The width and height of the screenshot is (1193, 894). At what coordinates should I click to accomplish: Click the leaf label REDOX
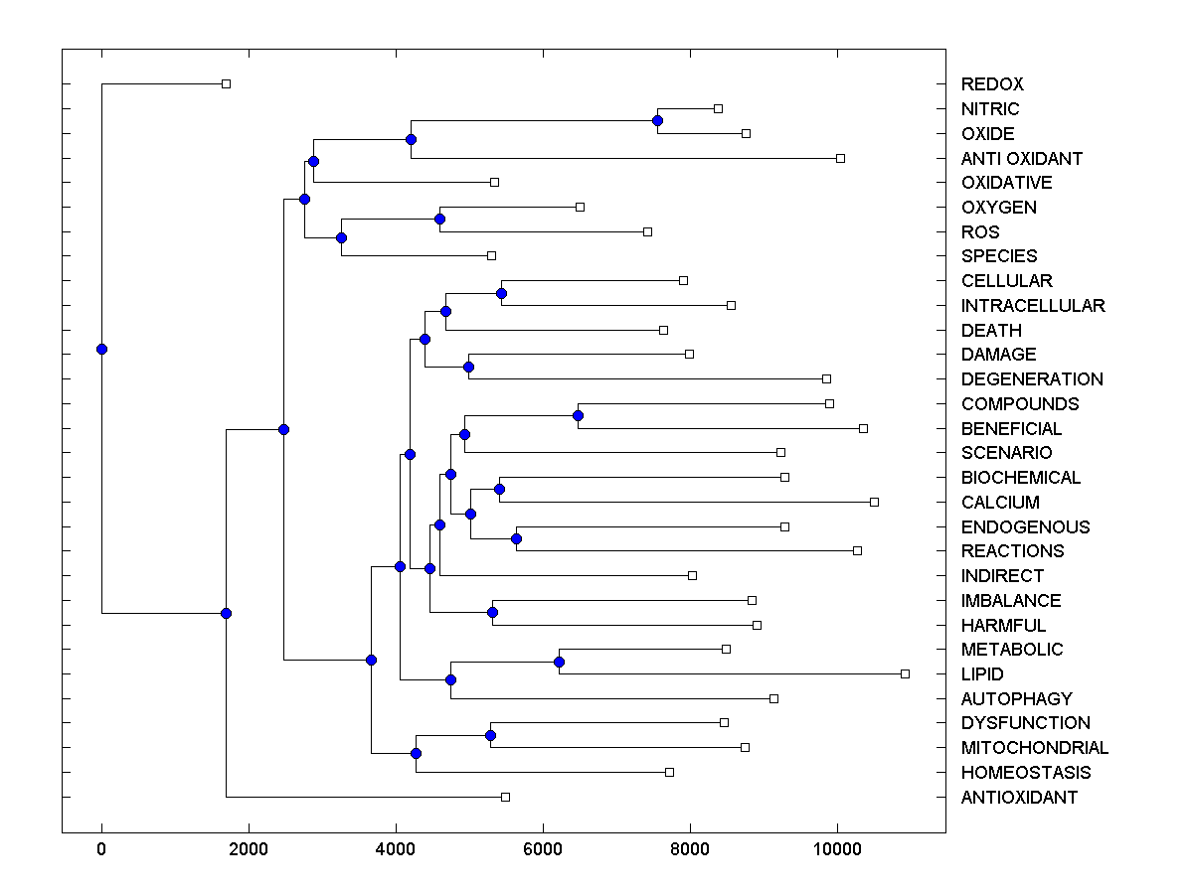click(x=992, y=84)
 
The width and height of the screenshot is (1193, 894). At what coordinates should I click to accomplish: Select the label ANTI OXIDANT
click(x=1022, y=158)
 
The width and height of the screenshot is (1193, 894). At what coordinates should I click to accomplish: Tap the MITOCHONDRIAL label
click(x=1035, y=748)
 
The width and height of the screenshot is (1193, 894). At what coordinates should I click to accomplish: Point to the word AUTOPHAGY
click(x=1017, y=698)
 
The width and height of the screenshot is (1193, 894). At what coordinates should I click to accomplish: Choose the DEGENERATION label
click(x=1032, y=379)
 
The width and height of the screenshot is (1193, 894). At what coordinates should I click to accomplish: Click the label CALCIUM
click(x=1000, y=503)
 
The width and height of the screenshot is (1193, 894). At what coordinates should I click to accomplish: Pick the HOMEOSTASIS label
click(x=1026, y=773)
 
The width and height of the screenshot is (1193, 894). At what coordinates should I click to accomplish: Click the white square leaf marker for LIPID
click(x=905, y=673)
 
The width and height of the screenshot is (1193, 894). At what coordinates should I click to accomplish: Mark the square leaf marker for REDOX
click(x=226, y=83)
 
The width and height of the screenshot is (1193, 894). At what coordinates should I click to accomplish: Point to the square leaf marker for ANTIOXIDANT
click(x=505, y=797)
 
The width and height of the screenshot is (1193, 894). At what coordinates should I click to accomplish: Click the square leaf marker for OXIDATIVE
click(x=494, y=182)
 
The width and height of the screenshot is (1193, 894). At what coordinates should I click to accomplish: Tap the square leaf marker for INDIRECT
click(x=692, y=575)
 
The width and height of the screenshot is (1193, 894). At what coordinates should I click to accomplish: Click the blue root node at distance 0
click(x=101, y=349)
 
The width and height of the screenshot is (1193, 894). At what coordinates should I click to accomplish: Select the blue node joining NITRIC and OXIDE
click(x=657, y=120)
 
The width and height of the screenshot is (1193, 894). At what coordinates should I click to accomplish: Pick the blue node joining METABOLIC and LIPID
click(x=559, y=662)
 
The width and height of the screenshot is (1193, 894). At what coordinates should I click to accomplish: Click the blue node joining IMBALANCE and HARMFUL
click(x=492, y=612)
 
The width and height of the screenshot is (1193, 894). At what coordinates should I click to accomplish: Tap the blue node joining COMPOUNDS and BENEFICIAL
click(x=578, y=415)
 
